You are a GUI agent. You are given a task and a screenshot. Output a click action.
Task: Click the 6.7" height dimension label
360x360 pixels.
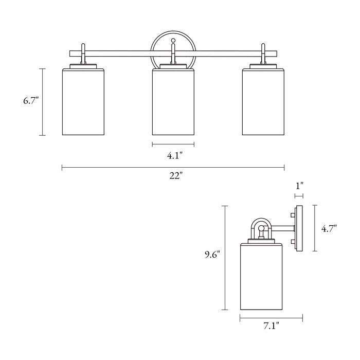[x=31, y=101]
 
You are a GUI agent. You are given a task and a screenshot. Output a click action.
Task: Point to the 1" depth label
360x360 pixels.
[x=299, y=185]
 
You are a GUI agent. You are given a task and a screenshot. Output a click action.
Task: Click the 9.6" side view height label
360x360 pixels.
[x=211, y=254]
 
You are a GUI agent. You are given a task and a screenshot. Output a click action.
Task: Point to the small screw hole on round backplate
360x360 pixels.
[x=173, y=40]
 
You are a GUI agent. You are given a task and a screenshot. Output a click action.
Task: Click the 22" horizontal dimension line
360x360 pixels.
[x=129, y=167]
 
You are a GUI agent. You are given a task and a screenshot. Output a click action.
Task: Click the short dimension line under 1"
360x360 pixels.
[x=299, y=195]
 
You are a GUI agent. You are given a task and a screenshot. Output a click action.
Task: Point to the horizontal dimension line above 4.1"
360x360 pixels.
[x=173, y=144]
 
